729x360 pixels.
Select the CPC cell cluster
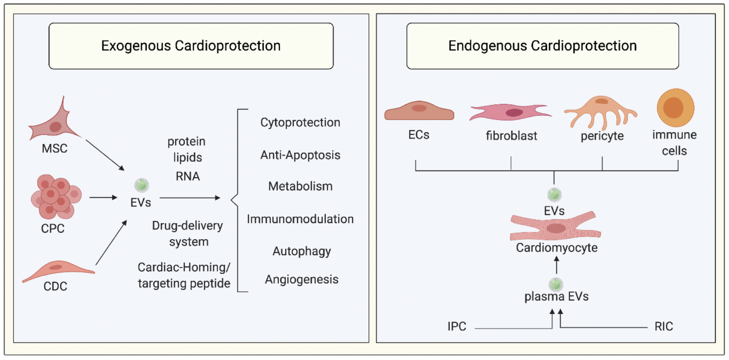click(x=56, y=196)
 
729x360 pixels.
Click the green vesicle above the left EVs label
click(x=142, y=185)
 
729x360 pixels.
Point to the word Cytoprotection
click(x=300, y=123)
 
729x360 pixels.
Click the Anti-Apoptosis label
click(x=300, y=155)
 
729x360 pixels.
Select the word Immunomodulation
click(x=300, y=219)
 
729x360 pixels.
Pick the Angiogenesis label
click(x=302, y=279)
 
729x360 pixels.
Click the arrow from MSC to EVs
click(x=105, y=155)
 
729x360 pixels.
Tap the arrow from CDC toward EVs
click(x=111, y=243)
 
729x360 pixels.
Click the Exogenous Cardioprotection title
click(x=191, y=46)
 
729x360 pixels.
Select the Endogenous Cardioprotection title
click(x=542, y=46)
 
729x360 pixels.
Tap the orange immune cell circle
click(x=675, y=108)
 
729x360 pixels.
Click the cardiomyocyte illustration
click(x=555, y=226)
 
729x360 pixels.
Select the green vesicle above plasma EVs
click(x=555, y=284)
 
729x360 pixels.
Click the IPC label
click(x=457, y=327)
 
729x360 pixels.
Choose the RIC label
click(x=663, y=327)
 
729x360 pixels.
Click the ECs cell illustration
click(x=419, y=111)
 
